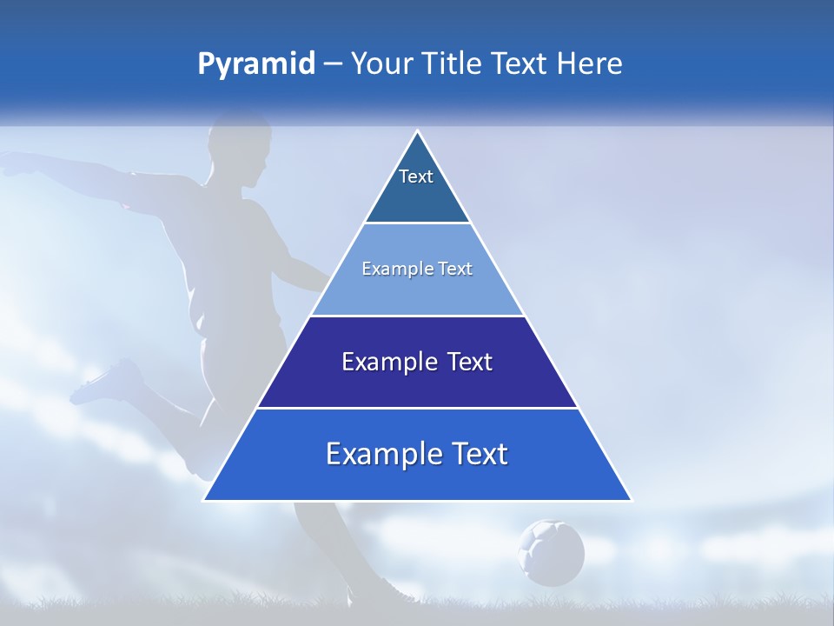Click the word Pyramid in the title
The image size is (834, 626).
(x=255, y=64)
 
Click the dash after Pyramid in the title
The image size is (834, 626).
(x=332, y=64)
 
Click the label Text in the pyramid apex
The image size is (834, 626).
(x=416, y=176)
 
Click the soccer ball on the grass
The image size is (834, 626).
(x=551, y=552)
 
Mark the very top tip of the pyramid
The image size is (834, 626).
(x=418, y=131)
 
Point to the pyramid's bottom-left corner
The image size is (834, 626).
(x=203, y=500)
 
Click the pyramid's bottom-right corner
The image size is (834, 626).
(x=632, y=500)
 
